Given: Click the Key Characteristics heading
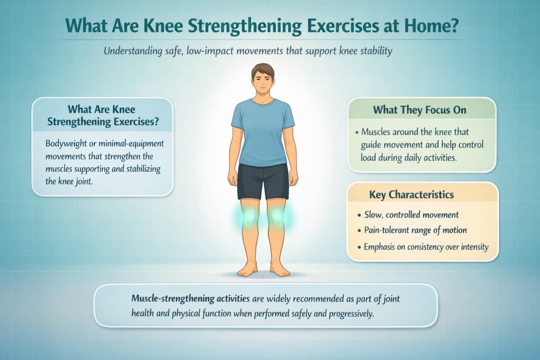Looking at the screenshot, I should click(x=421, y=194).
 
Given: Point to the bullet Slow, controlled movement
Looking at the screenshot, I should click(x=411, y=215).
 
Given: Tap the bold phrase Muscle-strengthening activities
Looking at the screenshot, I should click(x=190, y=298).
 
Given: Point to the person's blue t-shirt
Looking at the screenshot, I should click(x=263, y=132).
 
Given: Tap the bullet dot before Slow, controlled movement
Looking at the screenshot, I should click(x=359, y=215).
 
